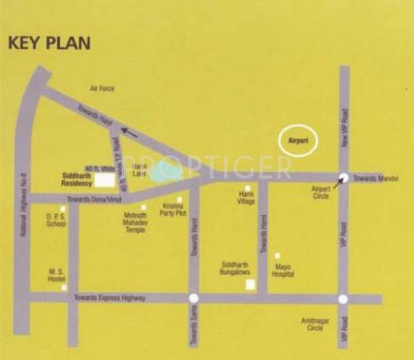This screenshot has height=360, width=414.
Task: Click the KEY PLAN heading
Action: [x=49, y=42]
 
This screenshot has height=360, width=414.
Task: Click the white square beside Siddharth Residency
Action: [x=104, y=180]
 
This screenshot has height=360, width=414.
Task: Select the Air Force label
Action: [x=101, y=89]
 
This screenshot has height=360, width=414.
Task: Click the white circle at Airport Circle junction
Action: [x=343, y=177]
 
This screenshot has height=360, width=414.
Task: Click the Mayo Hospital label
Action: [x=284, y=270]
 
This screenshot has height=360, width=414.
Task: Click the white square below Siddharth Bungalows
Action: [x=250, y=284]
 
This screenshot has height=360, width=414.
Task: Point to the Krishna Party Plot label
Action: [x=173, y=210]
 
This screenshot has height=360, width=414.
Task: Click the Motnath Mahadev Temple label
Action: [x=130, y=222]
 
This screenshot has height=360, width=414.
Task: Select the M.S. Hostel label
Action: [x=56, y=274]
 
